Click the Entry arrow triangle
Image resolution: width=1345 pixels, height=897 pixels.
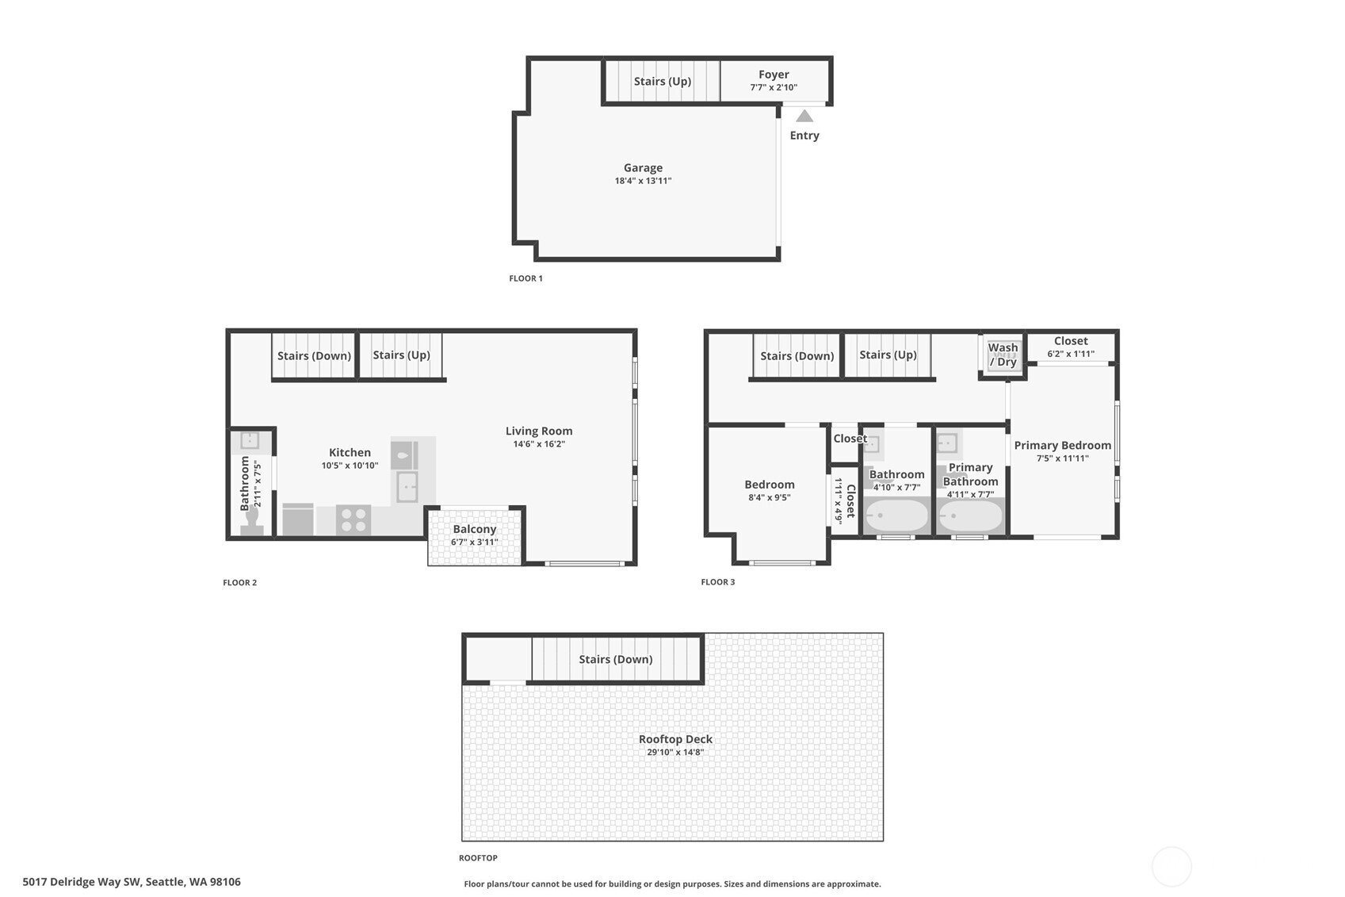click(804, 116)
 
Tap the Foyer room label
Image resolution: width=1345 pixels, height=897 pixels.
click(773, 75)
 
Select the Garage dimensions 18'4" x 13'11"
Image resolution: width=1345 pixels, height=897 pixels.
click(643, 181)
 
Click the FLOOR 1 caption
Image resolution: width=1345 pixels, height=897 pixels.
click(525, 278)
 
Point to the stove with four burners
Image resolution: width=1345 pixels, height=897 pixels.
click(353, 520)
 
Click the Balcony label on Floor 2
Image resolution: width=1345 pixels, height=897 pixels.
click(474, 529)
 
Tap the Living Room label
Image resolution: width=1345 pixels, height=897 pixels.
click(538, 431)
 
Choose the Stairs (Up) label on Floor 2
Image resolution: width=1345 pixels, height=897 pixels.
click(401, 355)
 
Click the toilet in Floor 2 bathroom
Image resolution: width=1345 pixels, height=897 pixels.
click(252, 519)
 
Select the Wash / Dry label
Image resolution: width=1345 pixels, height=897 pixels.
click(1003, 355)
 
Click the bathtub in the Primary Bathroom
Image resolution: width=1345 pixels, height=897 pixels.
click(969, 516)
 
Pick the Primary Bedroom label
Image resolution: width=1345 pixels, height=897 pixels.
click(1062, 445)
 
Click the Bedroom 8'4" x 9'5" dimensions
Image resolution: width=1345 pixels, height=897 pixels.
click(769, 498)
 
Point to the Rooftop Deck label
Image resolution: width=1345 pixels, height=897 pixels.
click(675, 739)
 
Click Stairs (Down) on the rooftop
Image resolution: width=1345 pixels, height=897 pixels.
click(615, 659)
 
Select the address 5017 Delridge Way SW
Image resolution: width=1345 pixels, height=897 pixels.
click(132, 881)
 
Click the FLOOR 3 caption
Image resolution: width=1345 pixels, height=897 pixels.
click(717, 582)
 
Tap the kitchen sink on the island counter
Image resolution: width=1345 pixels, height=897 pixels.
click(407, 487)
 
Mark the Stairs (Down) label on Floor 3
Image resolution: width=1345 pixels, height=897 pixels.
click(797, 355)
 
